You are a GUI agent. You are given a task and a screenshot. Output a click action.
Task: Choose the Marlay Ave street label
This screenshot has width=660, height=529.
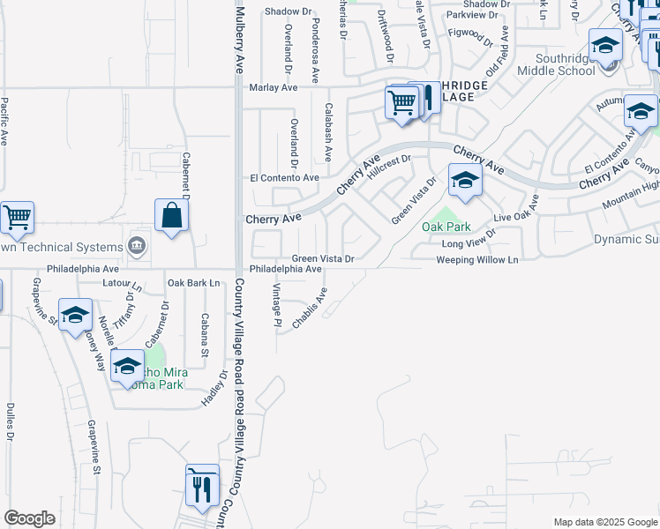pos(274,88)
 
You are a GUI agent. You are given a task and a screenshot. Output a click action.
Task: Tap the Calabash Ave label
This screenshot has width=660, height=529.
pos(327,132)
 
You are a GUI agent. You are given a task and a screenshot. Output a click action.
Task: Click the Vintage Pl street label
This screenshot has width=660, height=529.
pos(276,306)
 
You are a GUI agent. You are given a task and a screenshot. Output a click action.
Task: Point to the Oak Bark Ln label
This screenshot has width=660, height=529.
pos(193,283)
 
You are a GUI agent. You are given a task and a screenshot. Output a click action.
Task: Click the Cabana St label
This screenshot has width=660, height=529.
pos(204,335)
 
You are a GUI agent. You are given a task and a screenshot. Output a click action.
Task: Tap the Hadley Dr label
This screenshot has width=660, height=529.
pos(214,389)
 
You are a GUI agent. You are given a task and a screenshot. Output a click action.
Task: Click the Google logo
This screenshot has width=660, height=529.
pos(29,518)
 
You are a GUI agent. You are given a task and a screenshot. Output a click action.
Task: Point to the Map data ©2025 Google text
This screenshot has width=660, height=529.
pos(604,522)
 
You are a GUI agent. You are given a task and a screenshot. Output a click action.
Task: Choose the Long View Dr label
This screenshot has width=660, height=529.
pos(469,243)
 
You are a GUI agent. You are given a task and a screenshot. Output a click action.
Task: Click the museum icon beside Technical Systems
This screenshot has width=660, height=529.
pos(137,244)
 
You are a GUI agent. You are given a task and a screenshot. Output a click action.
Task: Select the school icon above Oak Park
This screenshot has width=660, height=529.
pos(464,182)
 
